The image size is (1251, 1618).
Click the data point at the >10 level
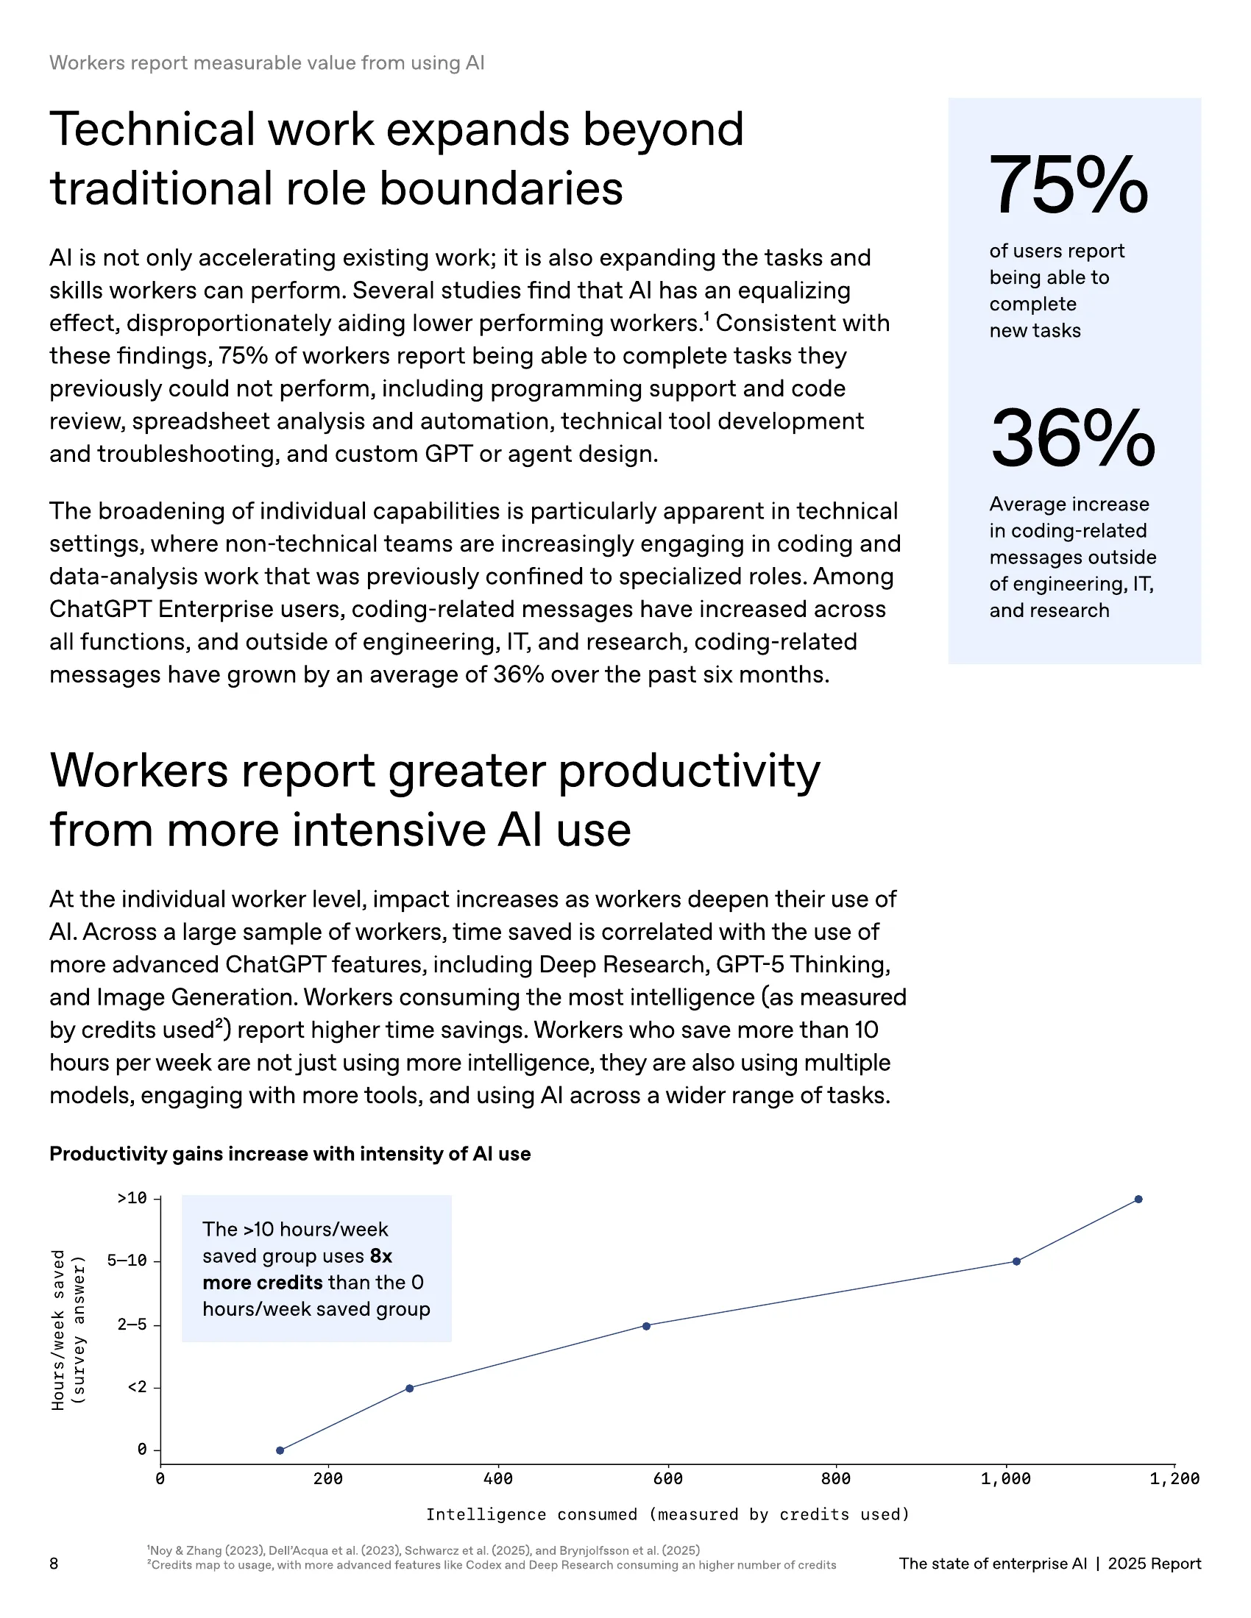click(x=1138, y=1199)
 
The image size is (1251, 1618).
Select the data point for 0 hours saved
click(x=280, y=1450)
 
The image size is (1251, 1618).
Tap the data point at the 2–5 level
click(x=646, y=1325)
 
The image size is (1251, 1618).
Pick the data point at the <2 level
click(x=409, y=1388)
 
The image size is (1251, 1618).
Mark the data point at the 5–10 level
click(x=1016, y=1261)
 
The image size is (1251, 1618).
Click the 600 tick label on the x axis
click(x=667, y=1479)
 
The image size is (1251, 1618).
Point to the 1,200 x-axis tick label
click(x=1174, y=1479)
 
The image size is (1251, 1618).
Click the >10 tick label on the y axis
click(x=132, y=1198)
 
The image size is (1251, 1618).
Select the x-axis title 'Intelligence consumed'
click(x=667, y=1514)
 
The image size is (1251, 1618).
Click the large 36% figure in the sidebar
click(x=1072, y=438)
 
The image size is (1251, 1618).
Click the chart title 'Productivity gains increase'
click(x=290, y=1153)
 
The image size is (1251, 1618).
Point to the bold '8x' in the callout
click(x=381, y=1255)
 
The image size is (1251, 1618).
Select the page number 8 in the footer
click(x=54, y=1563)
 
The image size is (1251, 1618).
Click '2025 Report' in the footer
click(x=1154, y=1563)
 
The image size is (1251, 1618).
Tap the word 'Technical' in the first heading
click(x=152, y=129)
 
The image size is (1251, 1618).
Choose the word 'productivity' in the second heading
click(x=689, y=771)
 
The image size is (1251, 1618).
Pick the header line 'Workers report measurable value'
click(x=267, y=63)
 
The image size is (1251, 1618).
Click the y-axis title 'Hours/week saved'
click(x=59, y=1329)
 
